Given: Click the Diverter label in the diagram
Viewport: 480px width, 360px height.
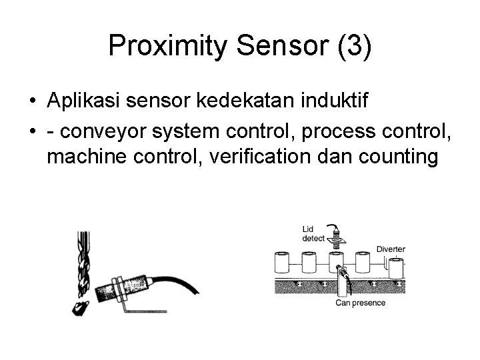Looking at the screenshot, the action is (391, 249).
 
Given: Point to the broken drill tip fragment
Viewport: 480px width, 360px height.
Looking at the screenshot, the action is (80, 307).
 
